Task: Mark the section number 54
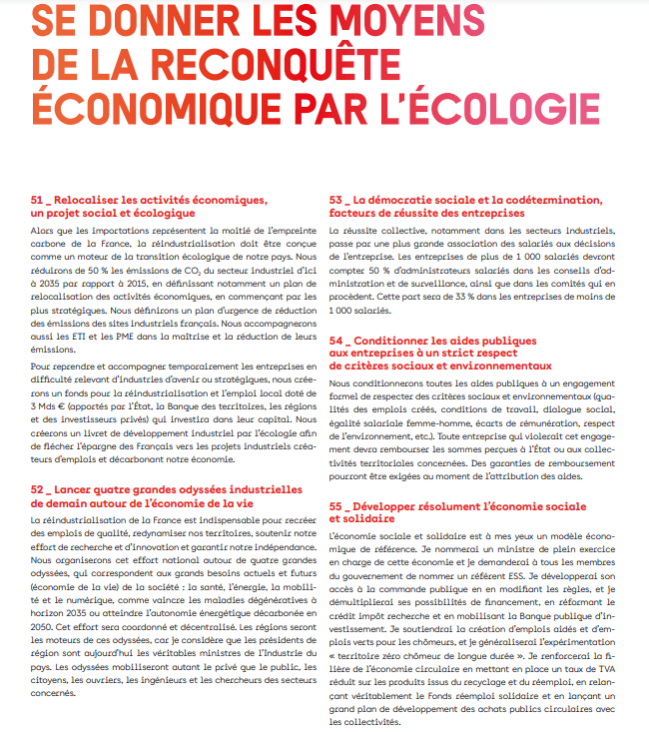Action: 336,340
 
